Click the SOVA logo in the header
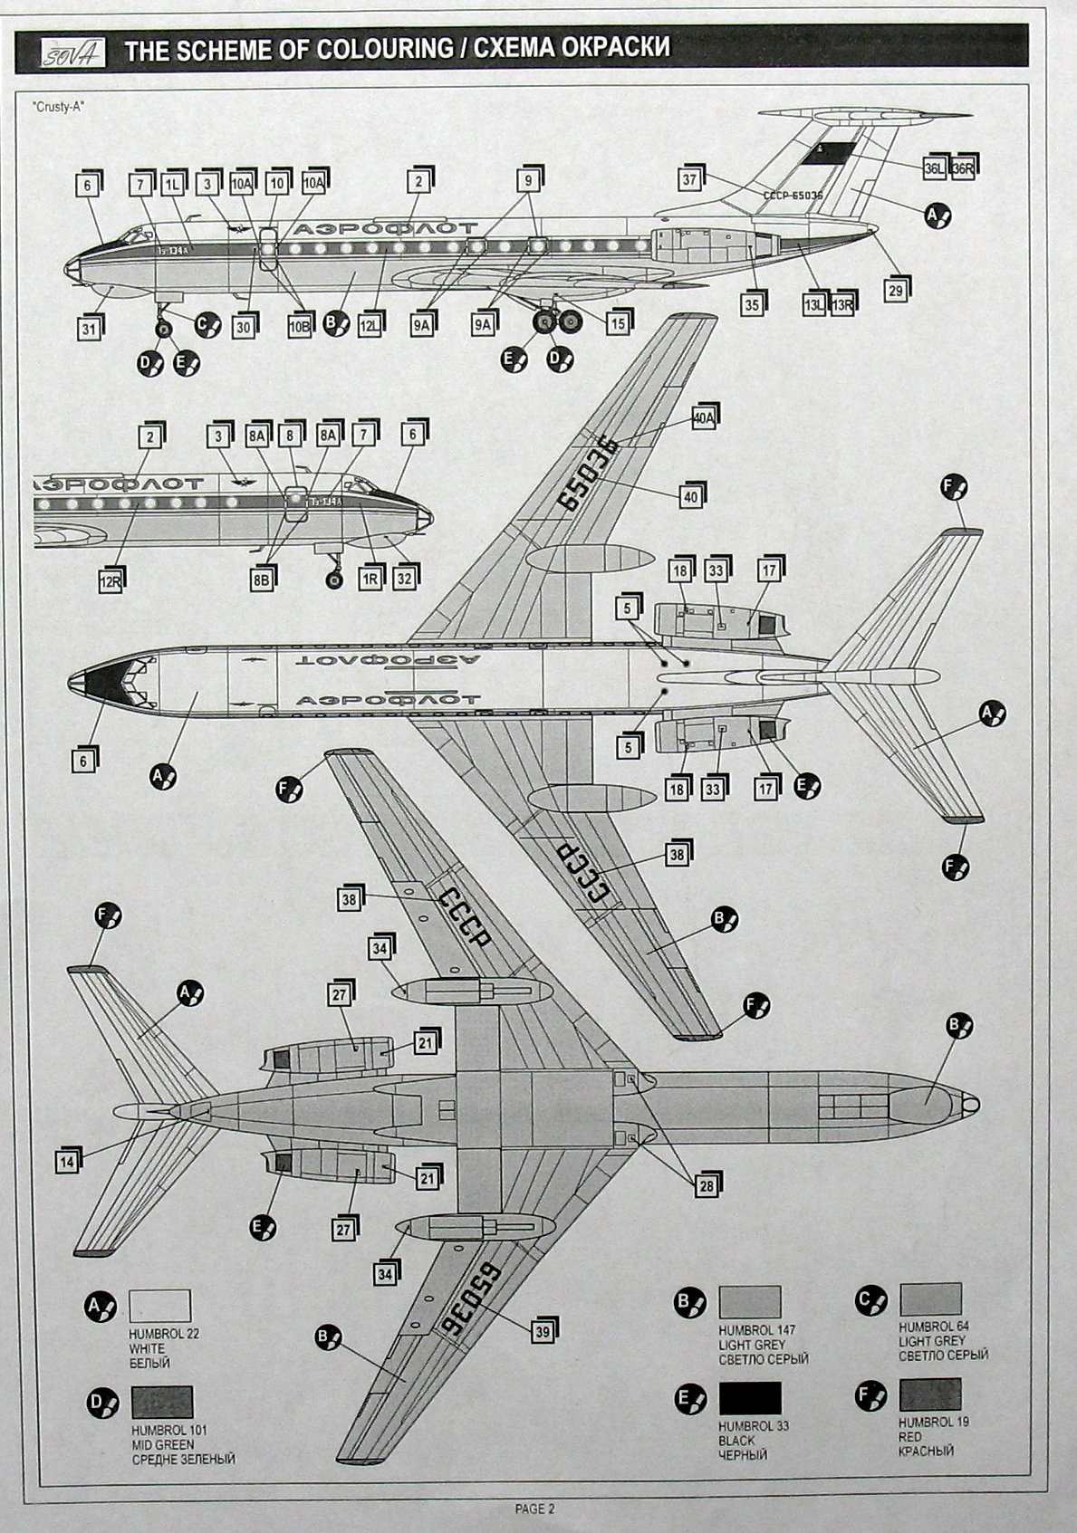(71, 52)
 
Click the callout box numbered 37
(690, 178)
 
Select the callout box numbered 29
(896, 289)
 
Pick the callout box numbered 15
(617, 321)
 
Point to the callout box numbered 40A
(704, 417)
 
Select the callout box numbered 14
(68, 1161)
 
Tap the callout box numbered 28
(707, 1184)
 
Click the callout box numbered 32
(404, 577)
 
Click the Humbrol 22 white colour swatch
(159, 1307)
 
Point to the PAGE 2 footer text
(534, 1509)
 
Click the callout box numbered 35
(752, 304)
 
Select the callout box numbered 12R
(111, 581)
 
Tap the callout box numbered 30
(243, 327)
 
